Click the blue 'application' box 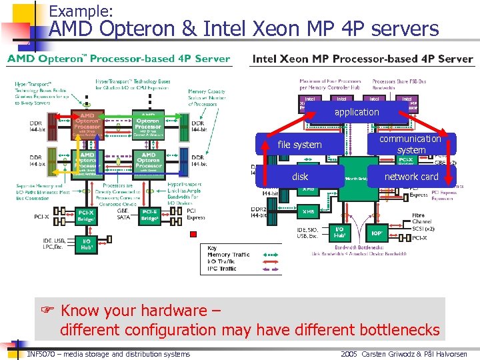[356, 112]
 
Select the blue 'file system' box [299, 145]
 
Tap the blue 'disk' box [300, 177]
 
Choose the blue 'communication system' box [411, 144]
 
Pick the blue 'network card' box [411, 177]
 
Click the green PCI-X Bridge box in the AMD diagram [87, 215]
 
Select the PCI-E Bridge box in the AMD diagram [150, 215]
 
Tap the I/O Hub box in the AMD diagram [86, 244]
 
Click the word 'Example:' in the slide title [81, 11]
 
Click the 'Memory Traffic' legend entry [228, 255]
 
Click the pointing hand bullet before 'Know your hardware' [47, 311]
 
